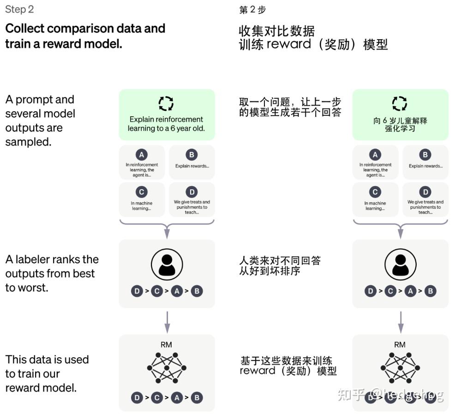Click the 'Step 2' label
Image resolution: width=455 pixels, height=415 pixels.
click(19, 9)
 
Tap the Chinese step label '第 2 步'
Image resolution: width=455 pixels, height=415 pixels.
click(252, 10)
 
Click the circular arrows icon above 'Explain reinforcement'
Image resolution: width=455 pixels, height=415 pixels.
click(166, 103)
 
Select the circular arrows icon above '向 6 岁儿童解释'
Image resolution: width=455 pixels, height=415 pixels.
click(400, 103)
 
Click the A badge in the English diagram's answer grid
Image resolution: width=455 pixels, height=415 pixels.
click(142, 155)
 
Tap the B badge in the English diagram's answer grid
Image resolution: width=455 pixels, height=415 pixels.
click(192, 155)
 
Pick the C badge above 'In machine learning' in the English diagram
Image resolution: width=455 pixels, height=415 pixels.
click(142, 192)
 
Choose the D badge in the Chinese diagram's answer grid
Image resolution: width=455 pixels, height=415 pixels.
click(425, 192)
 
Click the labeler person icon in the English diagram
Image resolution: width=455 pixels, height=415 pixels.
click(167, 265)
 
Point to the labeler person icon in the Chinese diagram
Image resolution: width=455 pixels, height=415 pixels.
click(401, 265)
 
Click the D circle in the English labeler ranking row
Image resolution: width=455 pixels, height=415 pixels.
click(137, 291)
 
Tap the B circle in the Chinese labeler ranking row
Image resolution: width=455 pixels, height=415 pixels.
click(431, 291)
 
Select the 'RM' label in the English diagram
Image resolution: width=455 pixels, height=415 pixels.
click(166, 345)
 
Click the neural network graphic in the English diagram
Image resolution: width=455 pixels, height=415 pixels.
click(167, 368)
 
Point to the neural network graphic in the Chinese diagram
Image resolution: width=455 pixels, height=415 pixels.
click(401, 368)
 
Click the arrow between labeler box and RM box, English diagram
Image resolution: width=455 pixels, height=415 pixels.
click(167, 322)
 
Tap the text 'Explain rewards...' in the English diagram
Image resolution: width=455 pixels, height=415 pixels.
click(192, 166)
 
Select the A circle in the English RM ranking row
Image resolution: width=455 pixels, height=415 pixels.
click(177, 397)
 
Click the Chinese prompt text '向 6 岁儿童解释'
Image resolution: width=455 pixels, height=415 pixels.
click(400, 120)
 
